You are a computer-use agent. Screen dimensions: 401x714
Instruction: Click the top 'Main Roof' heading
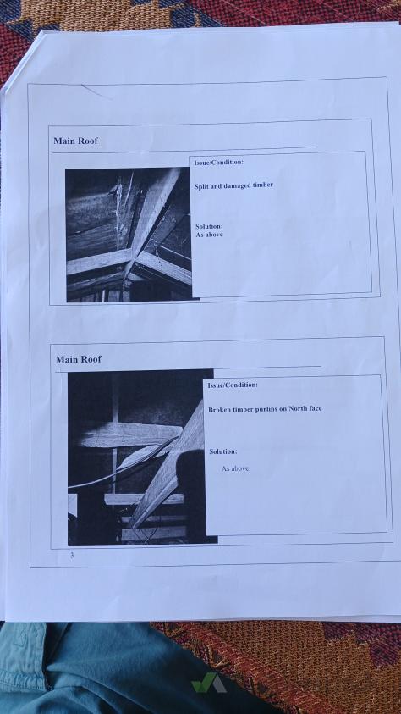(x=75, y=141)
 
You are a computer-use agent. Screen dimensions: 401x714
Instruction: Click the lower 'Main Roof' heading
(x=78, y=359)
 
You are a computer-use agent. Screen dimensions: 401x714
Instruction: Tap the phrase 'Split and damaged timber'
(x=233, y=185)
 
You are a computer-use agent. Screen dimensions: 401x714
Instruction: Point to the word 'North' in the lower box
(x=299, y=408)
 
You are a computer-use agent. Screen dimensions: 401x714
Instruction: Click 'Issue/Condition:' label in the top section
(x=218, y=162)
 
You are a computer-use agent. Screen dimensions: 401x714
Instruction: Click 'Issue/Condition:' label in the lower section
(x=233, y=385)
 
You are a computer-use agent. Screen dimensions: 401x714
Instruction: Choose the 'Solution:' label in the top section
(x=209, y=226)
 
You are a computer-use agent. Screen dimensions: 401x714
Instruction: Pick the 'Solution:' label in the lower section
(x=222, y=451)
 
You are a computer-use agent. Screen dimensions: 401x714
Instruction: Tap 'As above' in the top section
(x=209, y=235)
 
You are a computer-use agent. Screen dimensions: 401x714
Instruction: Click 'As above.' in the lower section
(x=236, y=468)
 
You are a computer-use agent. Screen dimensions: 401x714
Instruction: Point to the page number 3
(x=72, y=555)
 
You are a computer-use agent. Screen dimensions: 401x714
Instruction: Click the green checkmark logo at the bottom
(x=208, y=683)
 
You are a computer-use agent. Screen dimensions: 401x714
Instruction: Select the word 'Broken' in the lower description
(x=219, y=409)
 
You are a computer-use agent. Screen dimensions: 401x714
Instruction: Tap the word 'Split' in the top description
(x=201, y=186)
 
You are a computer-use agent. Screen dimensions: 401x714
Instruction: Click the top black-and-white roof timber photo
(x=129, y=235)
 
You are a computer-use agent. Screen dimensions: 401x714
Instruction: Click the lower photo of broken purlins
(x=141, y=457)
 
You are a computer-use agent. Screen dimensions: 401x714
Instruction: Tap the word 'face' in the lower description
(x=315, y=408)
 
